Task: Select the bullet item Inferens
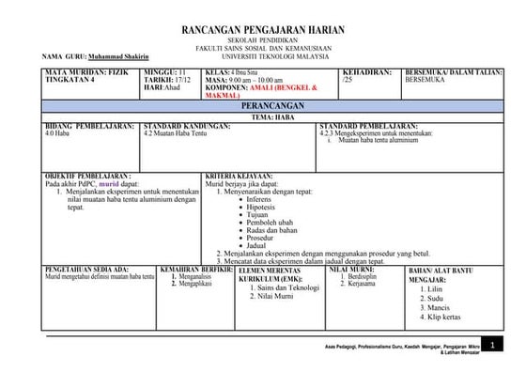261,200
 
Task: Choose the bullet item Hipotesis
264,208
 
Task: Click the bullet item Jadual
259,245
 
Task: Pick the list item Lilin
436,289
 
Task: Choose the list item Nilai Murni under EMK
274,297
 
